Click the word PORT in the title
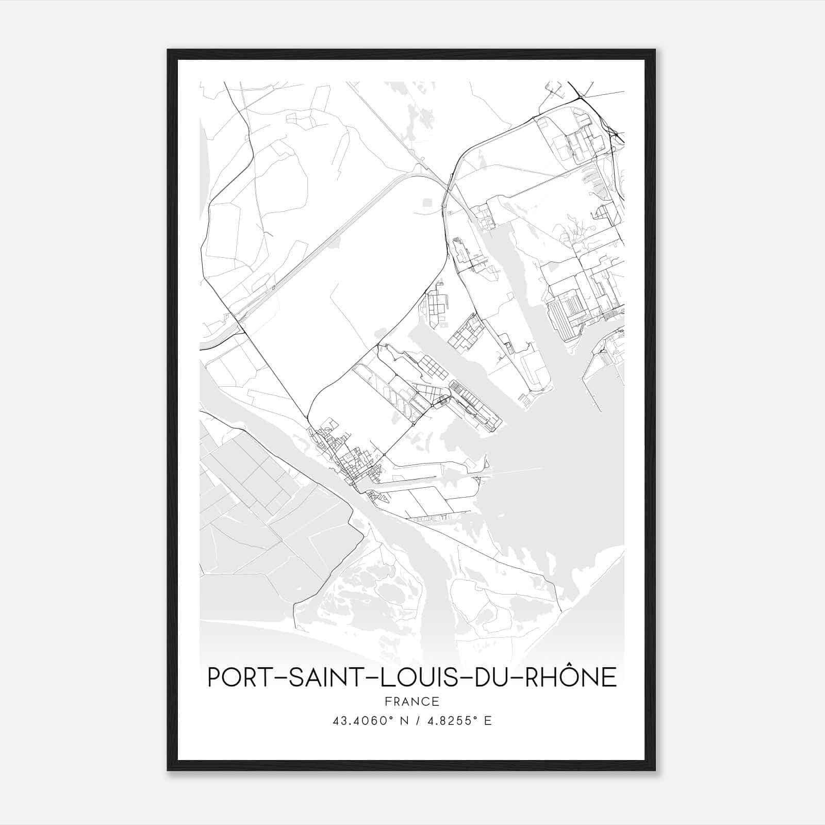click(237, 677)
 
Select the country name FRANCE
click(412, 701)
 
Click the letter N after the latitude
click(404, 721)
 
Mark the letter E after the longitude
click(488, 721)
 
